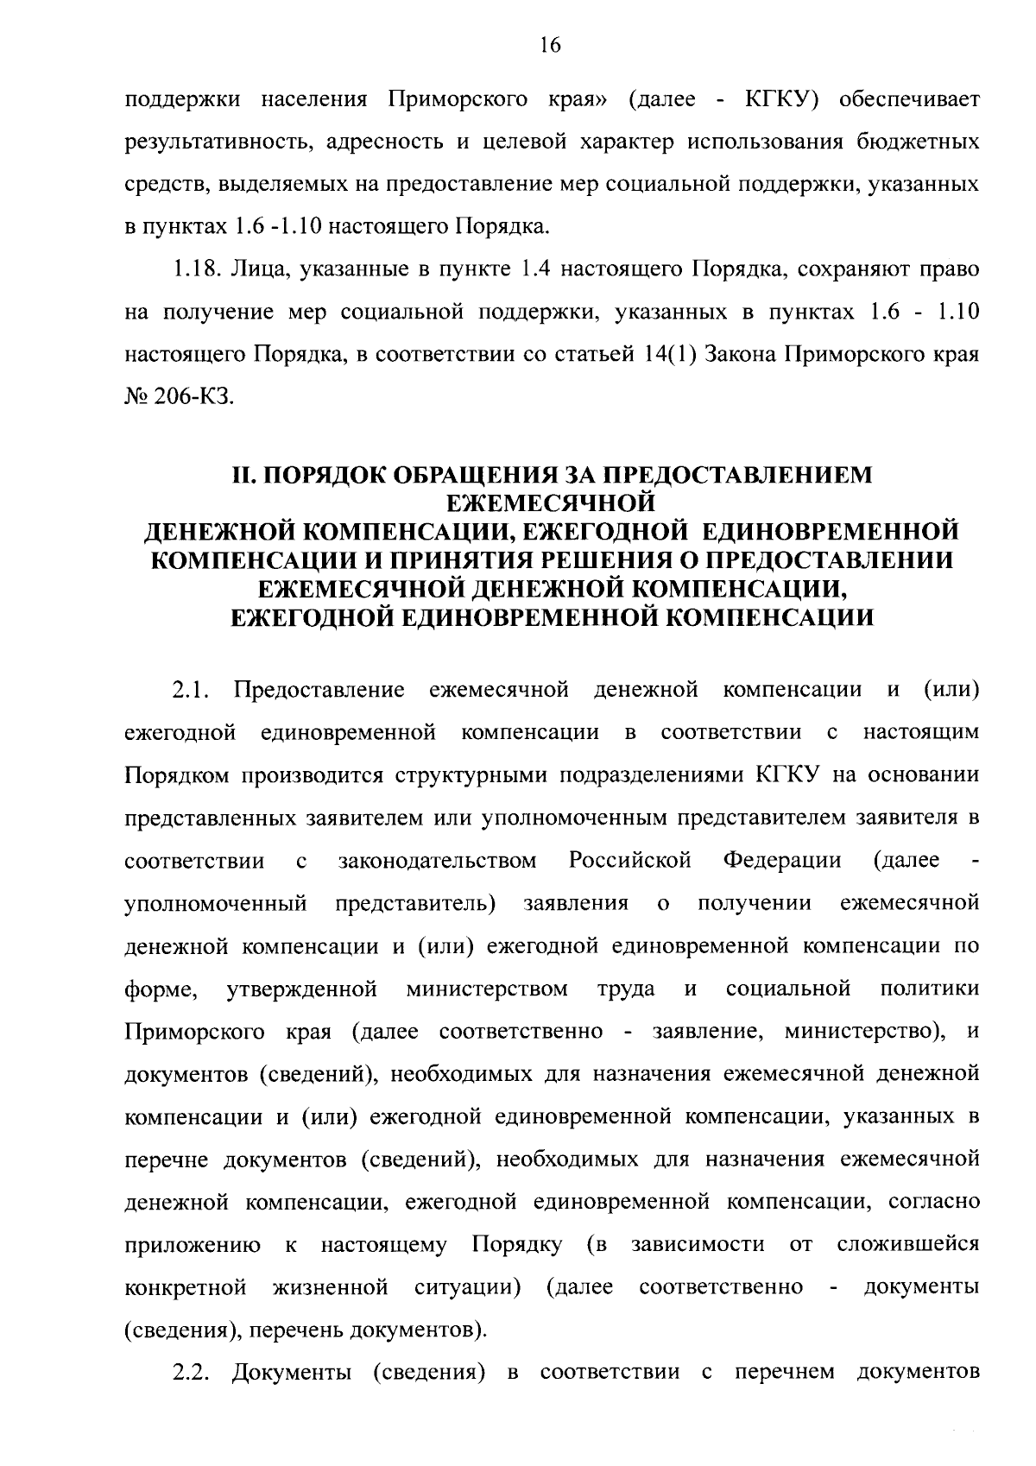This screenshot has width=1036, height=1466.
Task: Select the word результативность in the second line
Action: click(217, 142)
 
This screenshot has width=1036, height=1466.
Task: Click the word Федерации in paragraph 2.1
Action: click(782, 861)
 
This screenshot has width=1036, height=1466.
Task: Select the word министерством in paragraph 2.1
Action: click(487, 989)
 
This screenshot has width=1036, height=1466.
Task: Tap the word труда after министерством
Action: click(626, 989)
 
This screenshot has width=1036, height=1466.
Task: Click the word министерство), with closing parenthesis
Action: click(864, 1032)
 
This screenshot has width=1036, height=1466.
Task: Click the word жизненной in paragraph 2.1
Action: click(330, 1288)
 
